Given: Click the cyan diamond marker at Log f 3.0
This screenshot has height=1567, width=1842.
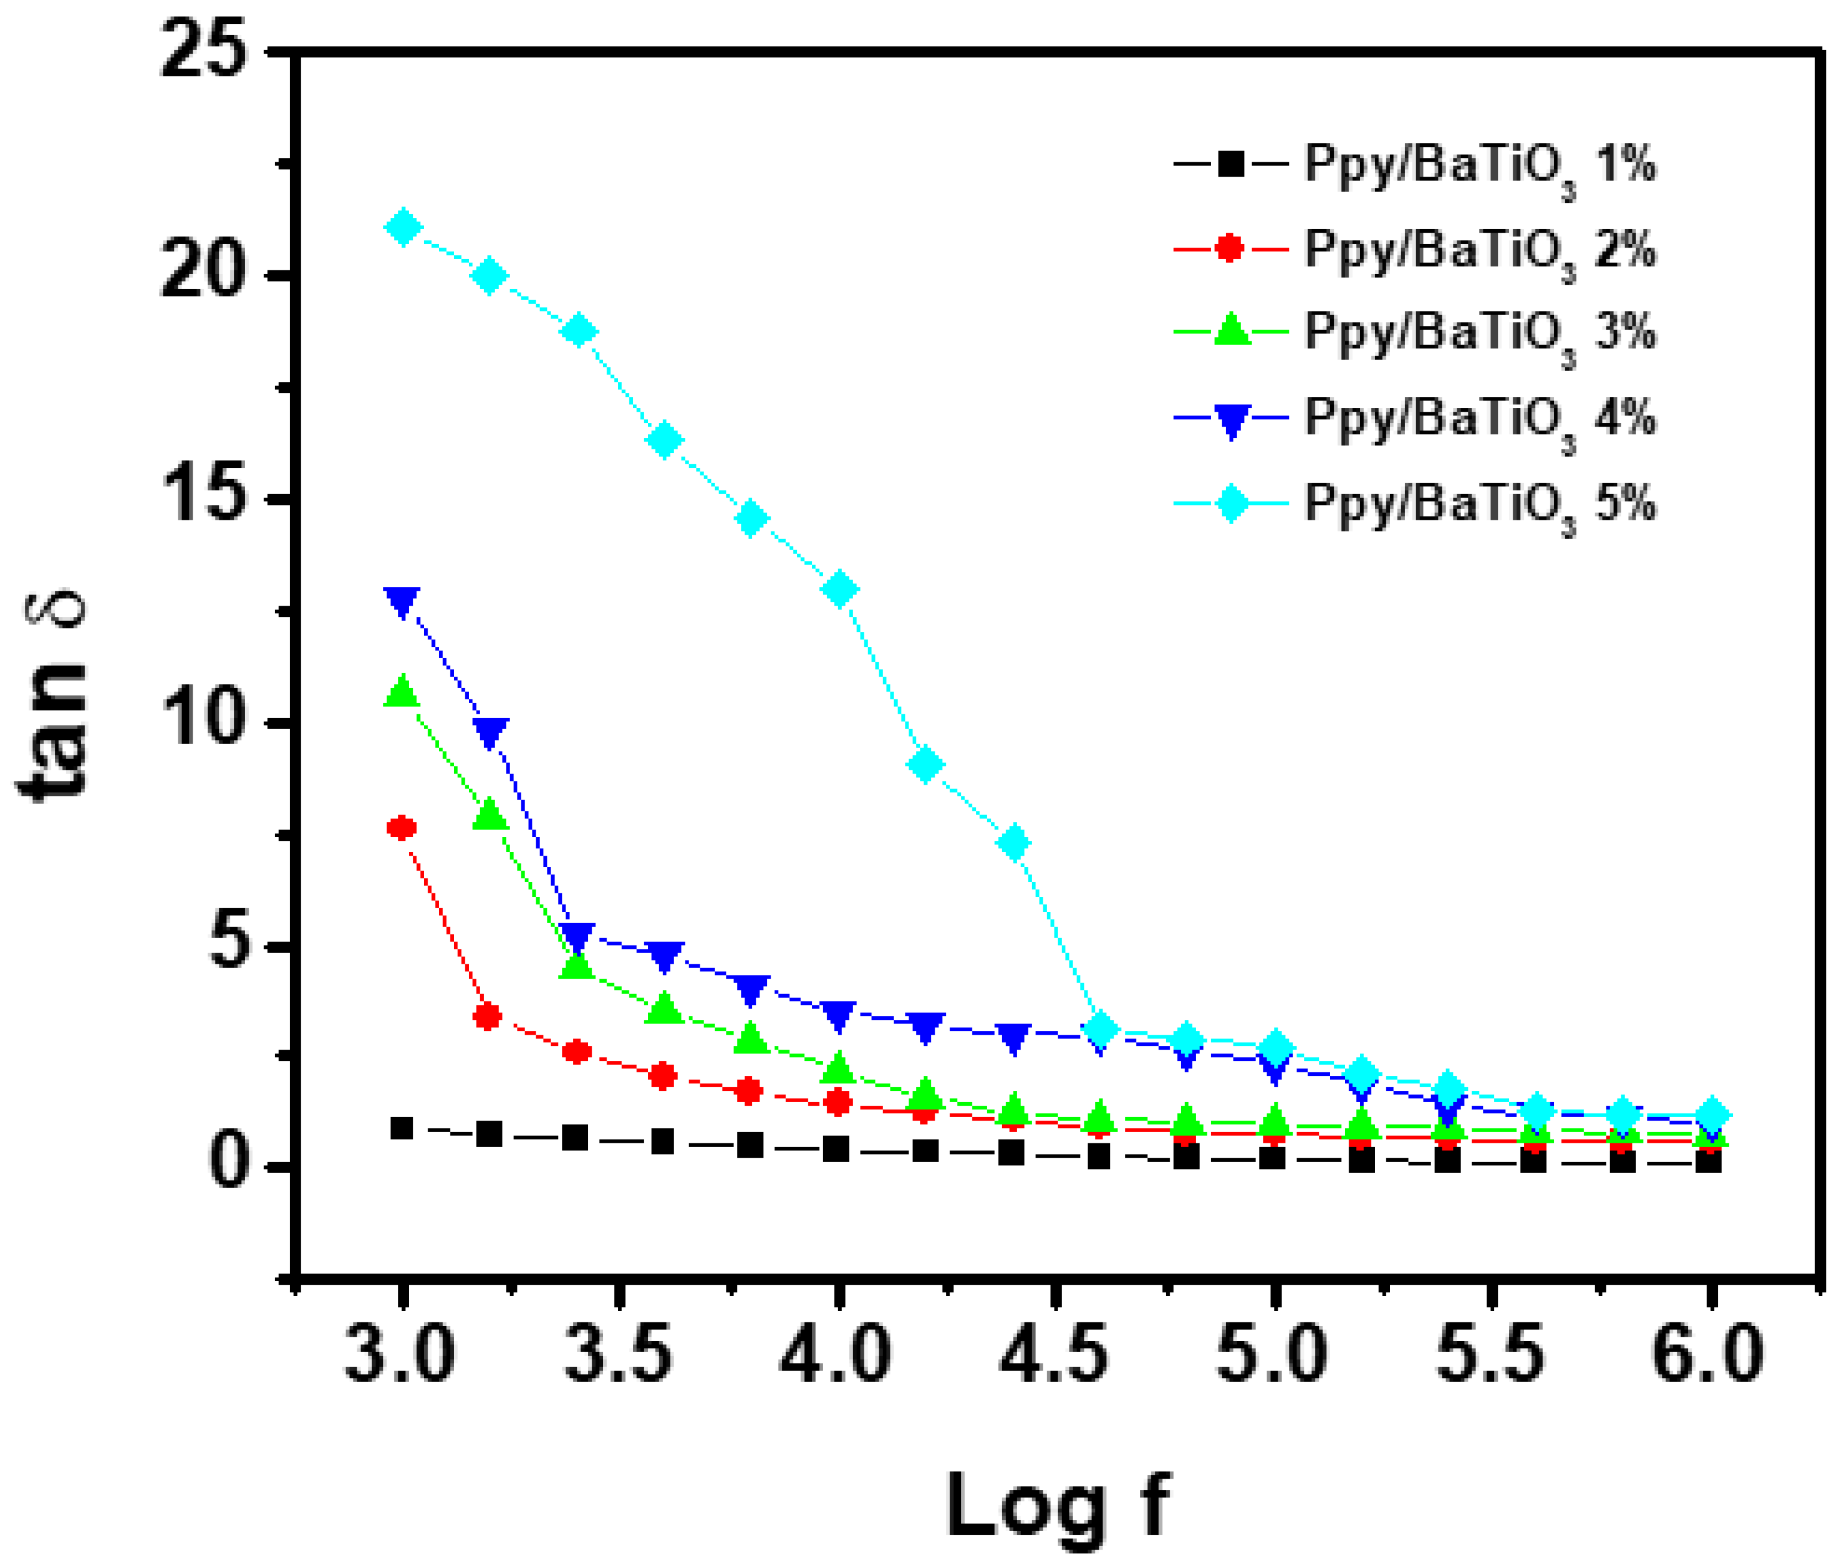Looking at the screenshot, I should coord(402,229).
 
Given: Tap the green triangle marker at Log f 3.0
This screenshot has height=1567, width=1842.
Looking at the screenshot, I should coord(401,691).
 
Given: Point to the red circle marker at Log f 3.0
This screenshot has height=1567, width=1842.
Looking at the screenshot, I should coord(401,828).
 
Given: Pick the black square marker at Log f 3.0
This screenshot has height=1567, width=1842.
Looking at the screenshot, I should coord(401,1128).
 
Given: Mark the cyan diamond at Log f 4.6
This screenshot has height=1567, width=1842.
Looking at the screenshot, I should coord(1101,1029).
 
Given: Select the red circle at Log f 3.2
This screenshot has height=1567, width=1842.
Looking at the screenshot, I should coord(487,1016).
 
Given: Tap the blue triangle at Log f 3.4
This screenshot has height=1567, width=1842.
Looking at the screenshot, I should coord(577,936).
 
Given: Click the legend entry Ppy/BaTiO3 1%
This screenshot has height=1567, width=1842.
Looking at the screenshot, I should coord(1479,166).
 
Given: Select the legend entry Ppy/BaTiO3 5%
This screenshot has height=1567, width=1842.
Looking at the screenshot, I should coord(1479,505).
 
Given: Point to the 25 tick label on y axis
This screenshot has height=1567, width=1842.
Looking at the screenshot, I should coord(202,53).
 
